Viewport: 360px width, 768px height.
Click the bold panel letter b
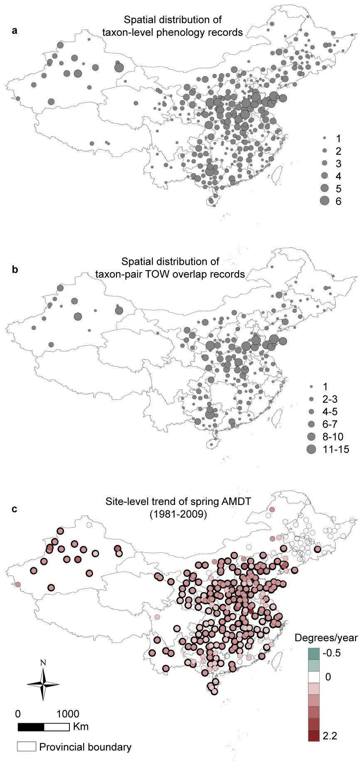point(15,269)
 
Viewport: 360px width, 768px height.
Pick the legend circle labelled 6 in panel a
point(325,201)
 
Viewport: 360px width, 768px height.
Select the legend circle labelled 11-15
point(311,449)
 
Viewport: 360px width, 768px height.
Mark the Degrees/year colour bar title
point(326,638)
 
